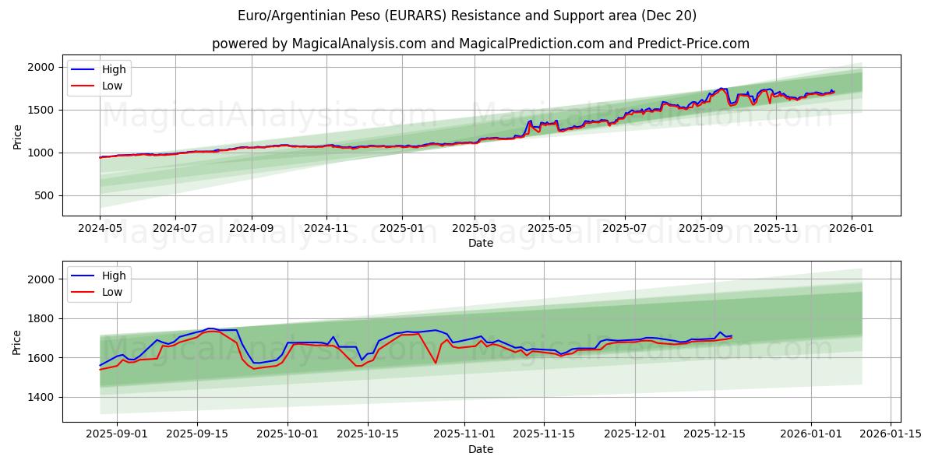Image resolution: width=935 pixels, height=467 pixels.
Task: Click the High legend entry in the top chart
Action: pyautogui.click(x=113, y=69)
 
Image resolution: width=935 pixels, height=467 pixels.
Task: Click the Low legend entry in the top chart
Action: pyautogui.click(x=111, y=86)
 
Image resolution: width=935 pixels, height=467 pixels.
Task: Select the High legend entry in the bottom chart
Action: pyautogui.click(x=113, y=276)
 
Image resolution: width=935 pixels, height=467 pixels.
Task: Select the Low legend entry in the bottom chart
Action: pyautogui.click(x=111, y=292)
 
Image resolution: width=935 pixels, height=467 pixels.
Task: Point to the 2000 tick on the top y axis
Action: pyautogui.click(x=41, y=68)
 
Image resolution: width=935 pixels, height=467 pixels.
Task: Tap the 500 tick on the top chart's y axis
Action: pyautogui.click(x=44, y=195)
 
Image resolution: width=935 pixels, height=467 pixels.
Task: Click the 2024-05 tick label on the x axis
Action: pyautogui.click(x=100, y=229)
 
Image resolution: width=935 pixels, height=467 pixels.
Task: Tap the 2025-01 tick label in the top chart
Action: pyautogui.click(x=402, y=229)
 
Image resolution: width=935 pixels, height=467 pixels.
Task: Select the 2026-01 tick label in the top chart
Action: pyautogui.click(x=851, y=229)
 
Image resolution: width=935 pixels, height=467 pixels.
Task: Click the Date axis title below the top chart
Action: pyautogui.click(x=481, y=243)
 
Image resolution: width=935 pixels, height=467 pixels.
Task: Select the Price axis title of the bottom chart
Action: pyautogui.click(x=17, y=342)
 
